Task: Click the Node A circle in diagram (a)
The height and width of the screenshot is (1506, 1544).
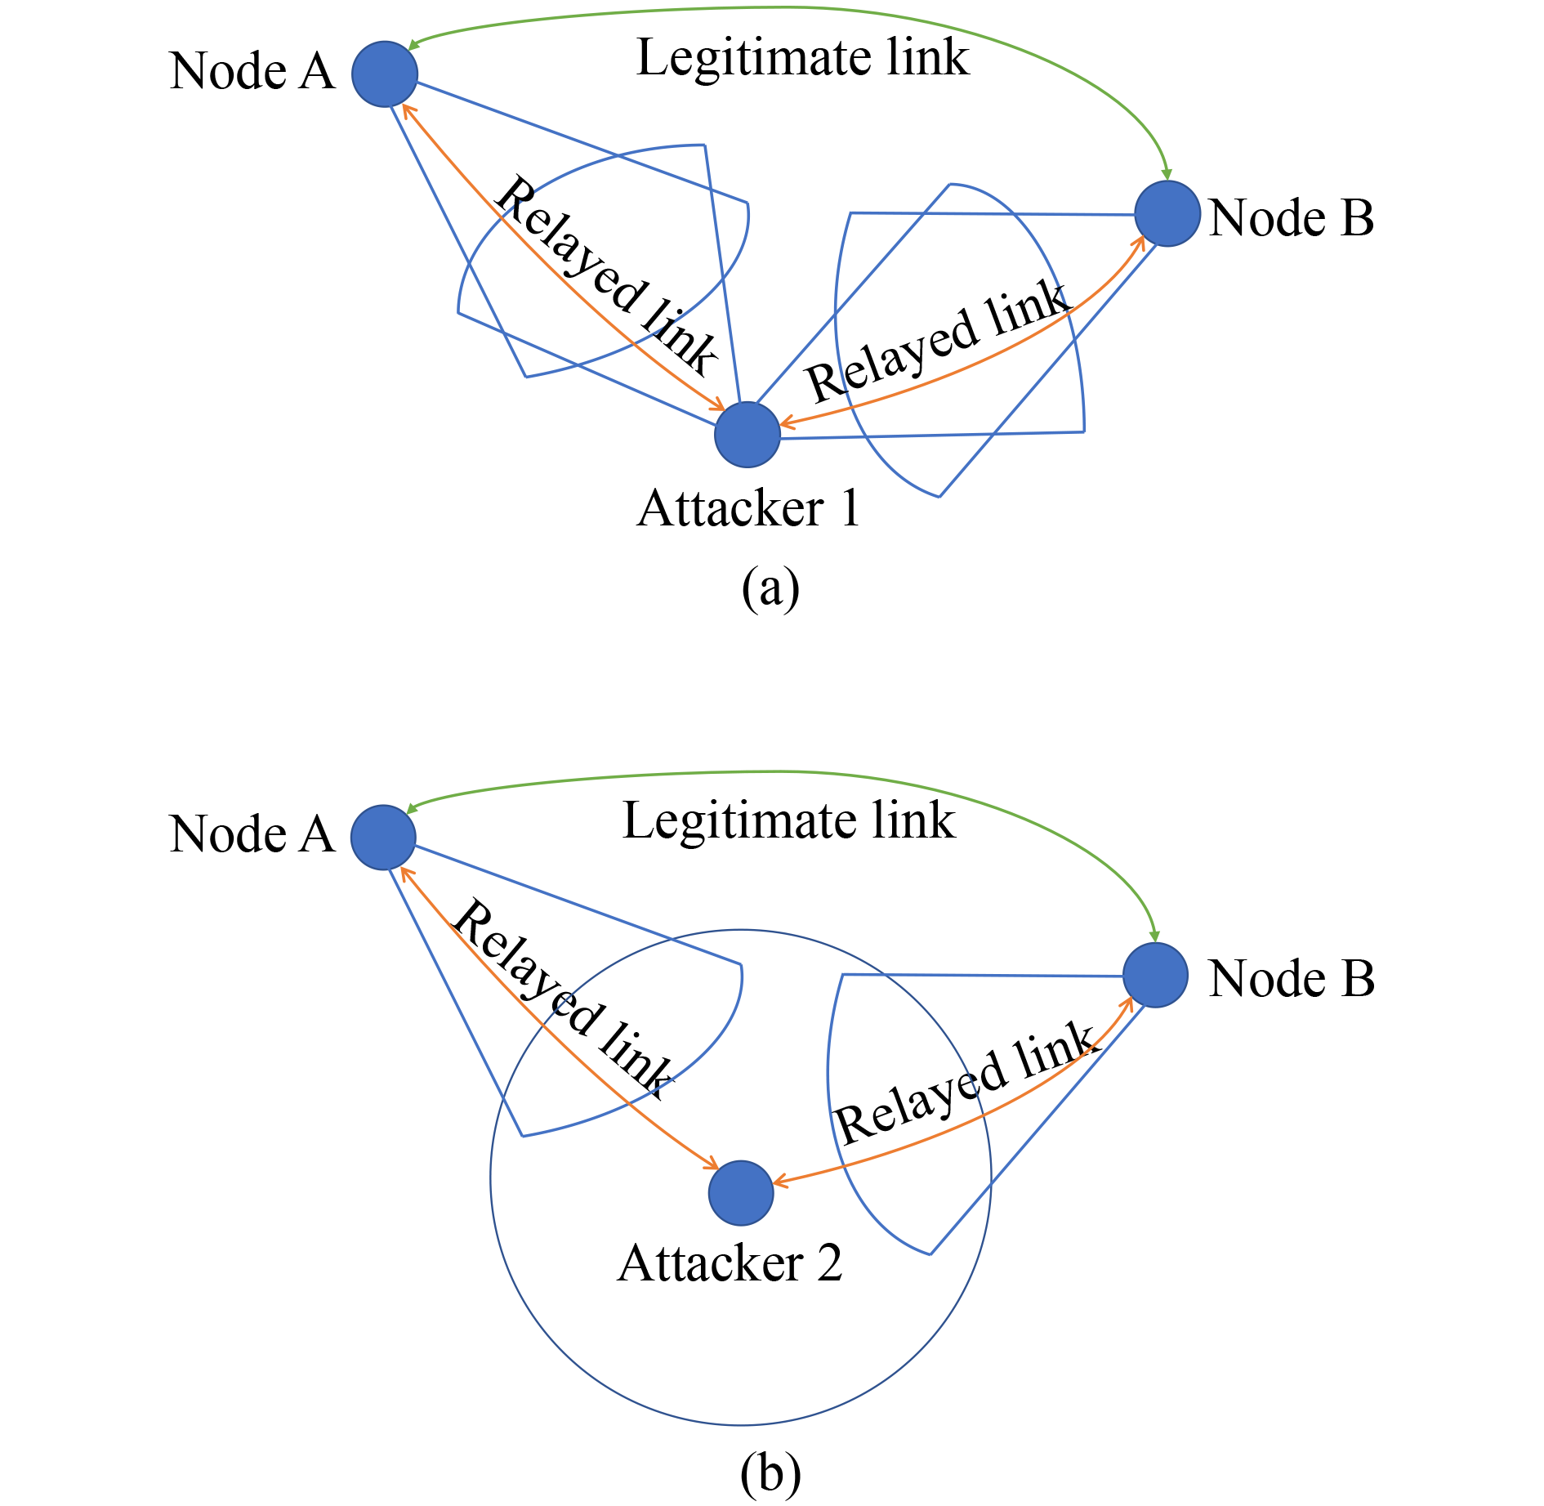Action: pos(385,74)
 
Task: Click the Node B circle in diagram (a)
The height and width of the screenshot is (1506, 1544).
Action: pos(1167,213)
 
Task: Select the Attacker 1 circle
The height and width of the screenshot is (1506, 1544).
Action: pos(747,435)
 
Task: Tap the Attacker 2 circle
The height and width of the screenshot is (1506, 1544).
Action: pos(741,1193)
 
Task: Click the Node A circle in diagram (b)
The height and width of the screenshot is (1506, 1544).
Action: pos(383,837)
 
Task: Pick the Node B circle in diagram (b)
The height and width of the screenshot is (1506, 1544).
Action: pos(1155,975)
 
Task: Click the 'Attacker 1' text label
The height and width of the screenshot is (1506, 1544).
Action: pos(748,508)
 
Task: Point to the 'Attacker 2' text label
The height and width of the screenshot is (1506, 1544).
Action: pos(730,1263)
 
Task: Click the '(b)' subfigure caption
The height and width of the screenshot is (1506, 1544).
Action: pos(770,1474)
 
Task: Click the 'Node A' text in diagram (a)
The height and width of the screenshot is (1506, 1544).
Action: pos(252,71)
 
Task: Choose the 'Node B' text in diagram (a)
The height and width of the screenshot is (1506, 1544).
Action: pos(1292,218)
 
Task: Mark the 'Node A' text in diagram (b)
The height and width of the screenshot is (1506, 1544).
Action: pos(252,834)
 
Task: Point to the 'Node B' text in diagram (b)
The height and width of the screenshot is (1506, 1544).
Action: pos(1292,979)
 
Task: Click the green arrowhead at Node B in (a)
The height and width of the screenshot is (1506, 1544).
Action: pos(1167,174)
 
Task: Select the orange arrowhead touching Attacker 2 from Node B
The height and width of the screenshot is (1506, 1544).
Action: pos(779,1181)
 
